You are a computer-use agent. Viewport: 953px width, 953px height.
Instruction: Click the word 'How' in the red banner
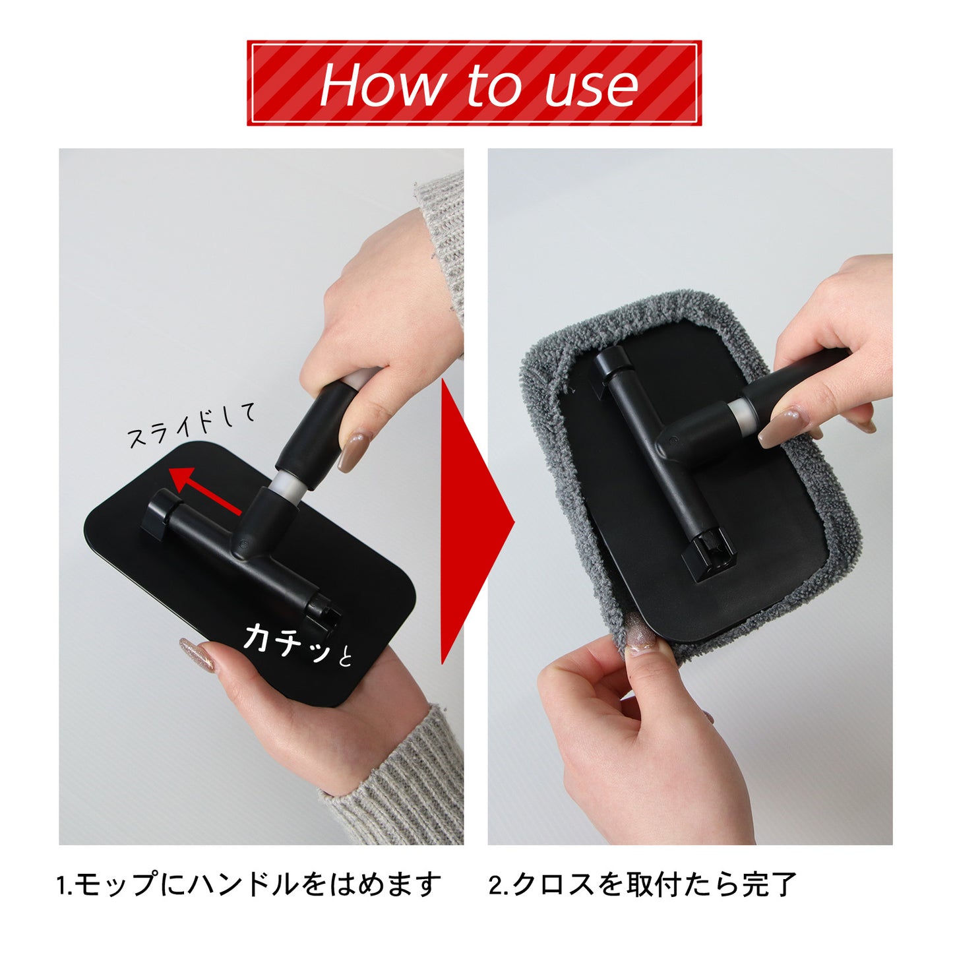(380, 84)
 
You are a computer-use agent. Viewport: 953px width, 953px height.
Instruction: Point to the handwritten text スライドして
(191, 426)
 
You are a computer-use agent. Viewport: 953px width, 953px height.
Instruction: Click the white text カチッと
(297, 642)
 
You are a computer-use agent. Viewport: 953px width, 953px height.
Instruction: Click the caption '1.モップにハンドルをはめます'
(249, 884)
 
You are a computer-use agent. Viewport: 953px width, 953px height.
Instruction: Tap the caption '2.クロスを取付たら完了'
(643, 884)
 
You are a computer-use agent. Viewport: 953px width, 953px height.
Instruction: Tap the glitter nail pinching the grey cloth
(641, 638)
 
